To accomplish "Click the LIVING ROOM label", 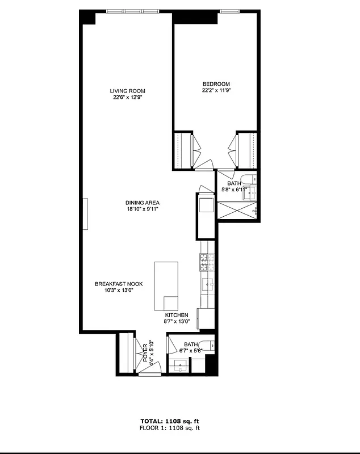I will click(x=127, y=91).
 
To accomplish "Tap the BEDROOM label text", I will click(x=216, y=84).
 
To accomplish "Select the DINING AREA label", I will click(x=142, y=203).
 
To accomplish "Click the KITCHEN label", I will click(x=177, y=315).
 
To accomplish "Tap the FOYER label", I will click(x=145, y=352).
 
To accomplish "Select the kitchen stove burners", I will click(x=205, y=262).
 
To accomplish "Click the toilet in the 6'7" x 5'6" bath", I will click(x=208, y=344).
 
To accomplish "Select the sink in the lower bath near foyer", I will click(x=179, y=366).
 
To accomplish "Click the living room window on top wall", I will click(x=133, y=11).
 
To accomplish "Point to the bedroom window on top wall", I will click(x=229, y=11).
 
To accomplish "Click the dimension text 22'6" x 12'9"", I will click(x=127, y=97).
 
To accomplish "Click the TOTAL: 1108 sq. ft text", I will click(x=170, y=421).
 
